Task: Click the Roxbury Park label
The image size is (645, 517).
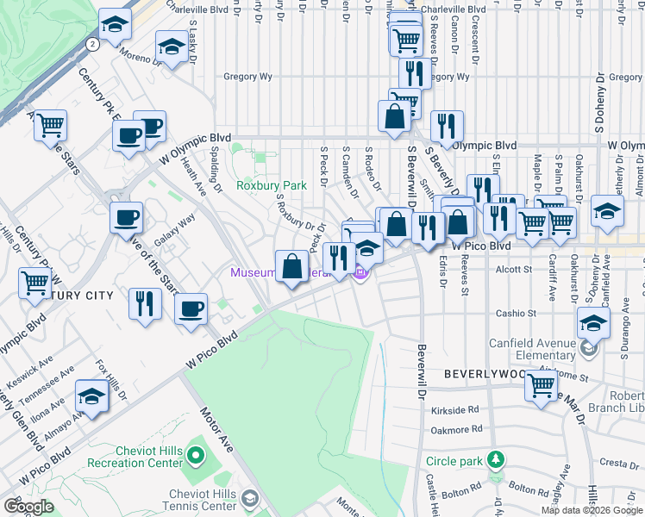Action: [x=272, y=185]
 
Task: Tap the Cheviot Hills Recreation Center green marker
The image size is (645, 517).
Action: [x=196, y=454]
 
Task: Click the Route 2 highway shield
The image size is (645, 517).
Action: [x=91, y=42]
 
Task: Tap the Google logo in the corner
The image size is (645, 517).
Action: [x=28, y=507]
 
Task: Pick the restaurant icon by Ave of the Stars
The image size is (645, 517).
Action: [x=144, y=302]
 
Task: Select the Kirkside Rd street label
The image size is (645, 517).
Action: [x=455, y=410]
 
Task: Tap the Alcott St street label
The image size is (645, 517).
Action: [x=515, y=270]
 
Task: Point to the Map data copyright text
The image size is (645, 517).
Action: [x=591, y=510]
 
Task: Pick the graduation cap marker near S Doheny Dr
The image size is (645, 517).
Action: [x=607, y=212]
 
